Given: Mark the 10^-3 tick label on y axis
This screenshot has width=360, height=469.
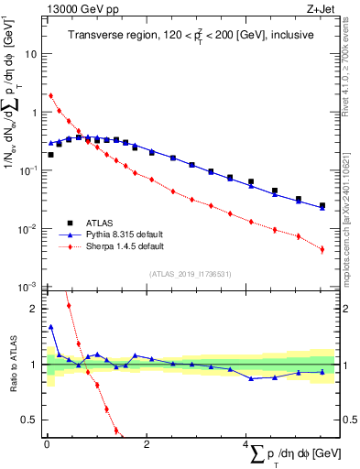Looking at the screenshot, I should (27, 287).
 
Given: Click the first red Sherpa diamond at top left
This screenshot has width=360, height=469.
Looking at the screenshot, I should (51, 95).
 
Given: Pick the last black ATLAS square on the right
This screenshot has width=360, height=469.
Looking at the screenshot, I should (322, 206).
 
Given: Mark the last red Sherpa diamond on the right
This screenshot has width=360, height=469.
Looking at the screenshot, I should (322, 248).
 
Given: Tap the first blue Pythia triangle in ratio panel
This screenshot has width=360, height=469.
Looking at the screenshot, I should (51, 326).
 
